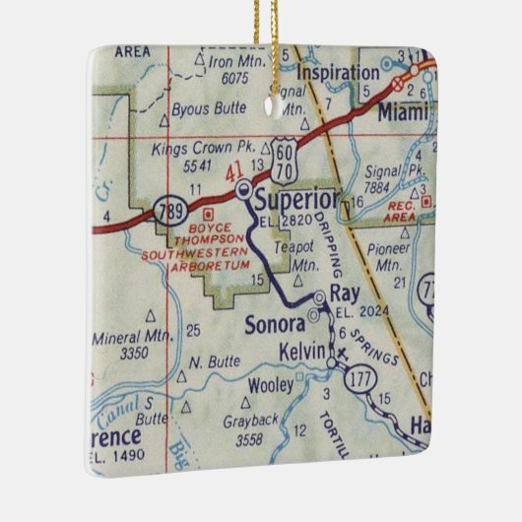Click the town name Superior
[295, 201]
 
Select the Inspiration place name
[337, 73]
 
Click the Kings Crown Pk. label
[197, 150]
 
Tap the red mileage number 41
[233, 174]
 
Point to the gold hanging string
[265, 30]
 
